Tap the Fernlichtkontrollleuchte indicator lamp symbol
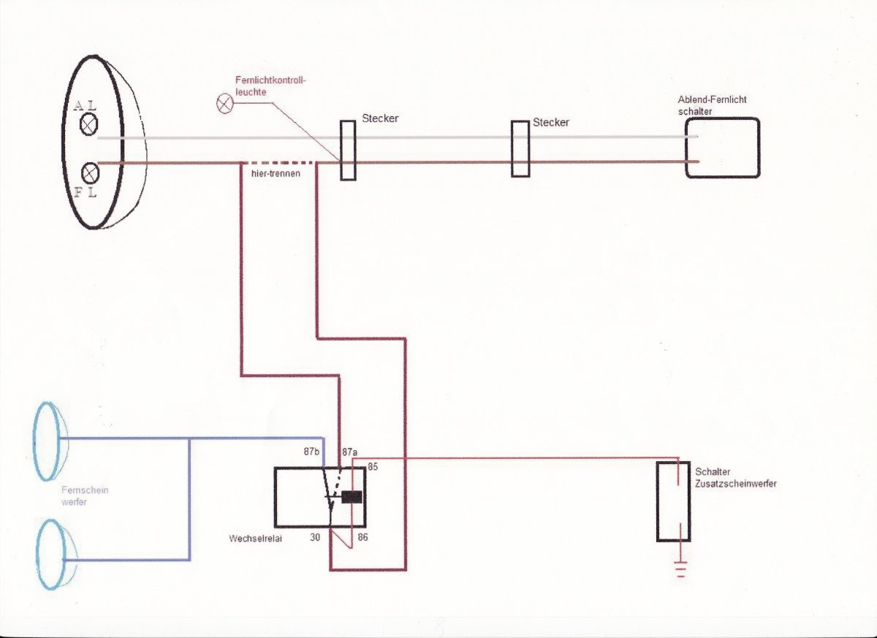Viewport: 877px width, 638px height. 224,104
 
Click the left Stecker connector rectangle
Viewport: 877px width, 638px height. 348,151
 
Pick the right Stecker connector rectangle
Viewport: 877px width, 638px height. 520,149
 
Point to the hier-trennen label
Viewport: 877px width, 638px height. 270,175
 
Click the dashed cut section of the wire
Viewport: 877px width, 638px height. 278,162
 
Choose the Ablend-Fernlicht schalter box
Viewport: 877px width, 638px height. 722,148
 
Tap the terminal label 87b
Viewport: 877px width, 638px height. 312,452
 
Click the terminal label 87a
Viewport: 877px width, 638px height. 350,452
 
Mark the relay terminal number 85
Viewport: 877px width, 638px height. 373,466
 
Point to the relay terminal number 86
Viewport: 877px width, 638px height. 362,538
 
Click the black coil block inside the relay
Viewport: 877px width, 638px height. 352,497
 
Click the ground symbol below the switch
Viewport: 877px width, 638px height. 681,569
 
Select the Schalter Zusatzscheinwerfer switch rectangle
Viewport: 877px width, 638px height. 672,501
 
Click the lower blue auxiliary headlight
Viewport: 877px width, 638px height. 50,554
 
